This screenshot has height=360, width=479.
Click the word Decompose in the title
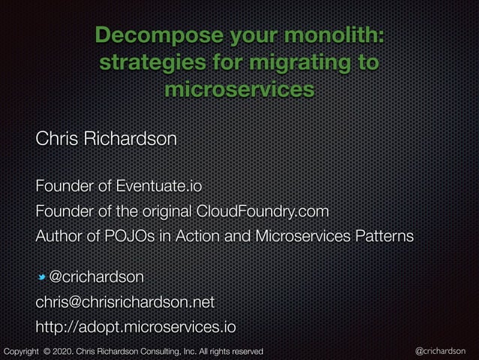click(x=147, y=35)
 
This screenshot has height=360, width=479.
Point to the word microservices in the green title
click(x=239, y=89)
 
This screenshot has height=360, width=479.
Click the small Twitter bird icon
click(x=42, y=278)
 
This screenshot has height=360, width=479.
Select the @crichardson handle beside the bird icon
click(x=96, y=277)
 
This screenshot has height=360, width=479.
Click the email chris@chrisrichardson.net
click(x=125, y=302)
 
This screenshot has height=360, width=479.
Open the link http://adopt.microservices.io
click(x=136, y=328)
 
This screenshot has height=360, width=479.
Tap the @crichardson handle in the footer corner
click(x=440, y=351)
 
